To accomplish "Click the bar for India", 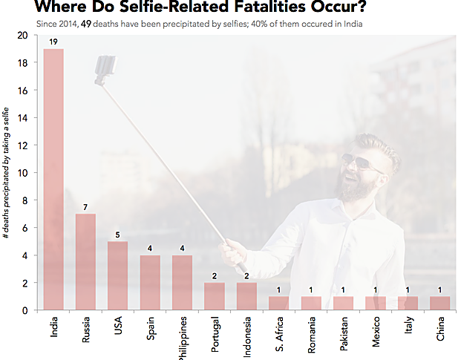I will [53, 179].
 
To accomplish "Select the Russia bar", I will [85, 261].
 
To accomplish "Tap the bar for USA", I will [118, 275].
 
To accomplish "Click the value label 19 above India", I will [53, 42].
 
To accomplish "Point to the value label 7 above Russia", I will [85, 206].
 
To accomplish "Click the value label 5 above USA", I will [118, 235].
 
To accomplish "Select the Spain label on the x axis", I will [150, 331].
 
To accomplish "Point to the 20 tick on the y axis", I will [22, 36].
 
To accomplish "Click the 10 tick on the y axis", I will [22, 173].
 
